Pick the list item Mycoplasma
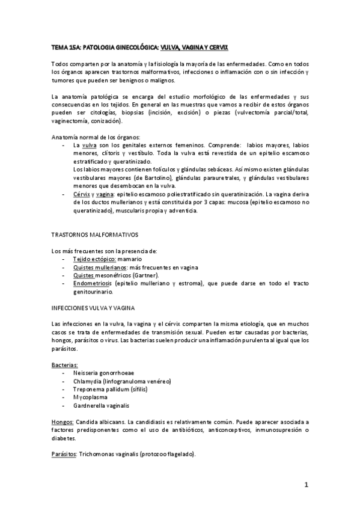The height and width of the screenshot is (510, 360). [90, 397]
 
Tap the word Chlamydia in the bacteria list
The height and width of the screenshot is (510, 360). [86, 381]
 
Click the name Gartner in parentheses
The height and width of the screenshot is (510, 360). [147, 274]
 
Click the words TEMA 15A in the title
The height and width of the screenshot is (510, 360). [64, 46]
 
